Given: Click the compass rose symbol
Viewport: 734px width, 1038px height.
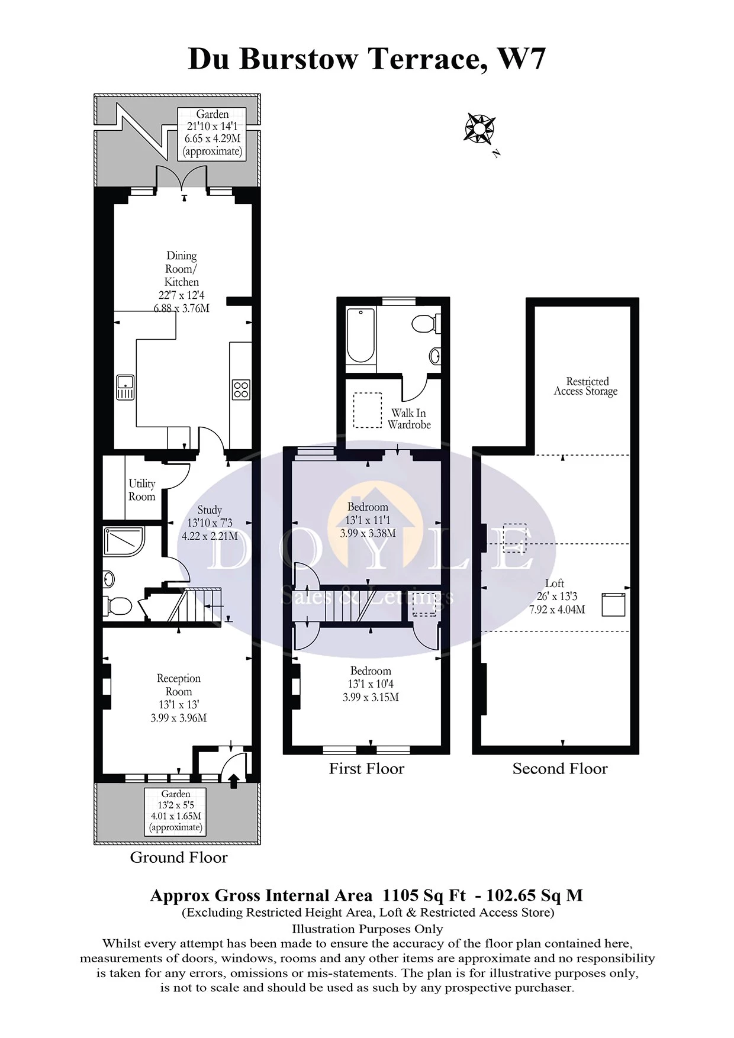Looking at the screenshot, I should pos(479,127).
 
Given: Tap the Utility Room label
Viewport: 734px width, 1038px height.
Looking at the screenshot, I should pos(142,490).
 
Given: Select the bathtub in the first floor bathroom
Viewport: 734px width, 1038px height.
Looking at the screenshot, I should pos(360,336).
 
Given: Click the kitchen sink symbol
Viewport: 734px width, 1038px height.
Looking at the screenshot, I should pos(125,388).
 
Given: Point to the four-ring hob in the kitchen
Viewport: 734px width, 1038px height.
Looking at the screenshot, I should pos(241,389).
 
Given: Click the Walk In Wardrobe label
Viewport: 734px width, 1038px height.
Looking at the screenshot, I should pos(409,418).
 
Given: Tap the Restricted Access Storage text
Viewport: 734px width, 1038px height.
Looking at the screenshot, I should pos(586,386).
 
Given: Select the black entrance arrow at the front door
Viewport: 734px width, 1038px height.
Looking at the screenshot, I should pos(233,781).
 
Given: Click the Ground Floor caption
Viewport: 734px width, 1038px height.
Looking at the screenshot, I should pos(179,857).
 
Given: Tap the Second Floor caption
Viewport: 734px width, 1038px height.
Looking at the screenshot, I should pos(560,768).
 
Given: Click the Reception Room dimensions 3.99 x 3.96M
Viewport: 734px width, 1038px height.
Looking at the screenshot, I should pos(178,718).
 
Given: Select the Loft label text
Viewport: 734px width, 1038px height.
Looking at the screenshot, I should pos(555,583).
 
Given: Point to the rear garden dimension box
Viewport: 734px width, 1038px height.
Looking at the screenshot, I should pos(213,133).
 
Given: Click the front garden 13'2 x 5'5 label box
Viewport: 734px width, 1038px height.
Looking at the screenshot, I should pos(176,811).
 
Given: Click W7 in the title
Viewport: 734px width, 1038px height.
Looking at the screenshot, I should pos(521,59).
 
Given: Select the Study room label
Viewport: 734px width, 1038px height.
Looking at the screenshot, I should pos(210,510).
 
